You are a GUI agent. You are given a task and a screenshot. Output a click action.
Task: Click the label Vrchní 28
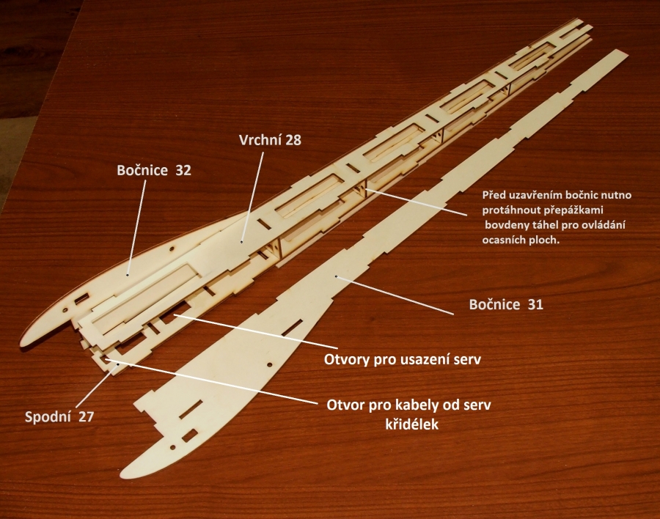270,140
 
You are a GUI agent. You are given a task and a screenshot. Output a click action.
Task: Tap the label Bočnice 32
154,170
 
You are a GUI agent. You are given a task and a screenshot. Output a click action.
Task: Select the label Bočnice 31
506,304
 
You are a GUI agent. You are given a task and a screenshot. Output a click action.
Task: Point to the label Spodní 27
59,416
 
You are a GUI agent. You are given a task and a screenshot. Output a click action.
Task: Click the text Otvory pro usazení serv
403,359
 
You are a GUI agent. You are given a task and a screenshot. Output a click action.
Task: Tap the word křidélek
412,424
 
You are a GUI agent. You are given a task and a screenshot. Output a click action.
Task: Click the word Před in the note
493,195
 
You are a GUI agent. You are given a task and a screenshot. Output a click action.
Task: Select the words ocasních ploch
521,240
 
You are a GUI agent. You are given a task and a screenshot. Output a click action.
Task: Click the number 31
535,304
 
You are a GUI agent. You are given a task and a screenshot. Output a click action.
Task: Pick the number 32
183,170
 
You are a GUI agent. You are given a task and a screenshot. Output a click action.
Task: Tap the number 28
293,140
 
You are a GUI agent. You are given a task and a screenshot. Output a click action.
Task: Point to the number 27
86,416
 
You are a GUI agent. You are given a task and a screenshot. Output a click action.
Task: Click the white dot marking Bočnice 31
336,276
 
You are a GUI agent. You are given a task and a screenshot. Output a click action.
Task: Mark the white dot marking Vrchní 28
241,242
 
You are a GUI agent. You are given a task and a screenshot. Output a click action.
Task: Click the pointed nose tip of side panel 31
121,476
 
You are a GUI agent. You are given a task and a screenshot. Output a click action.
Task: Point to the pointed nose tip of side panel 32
22,345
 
